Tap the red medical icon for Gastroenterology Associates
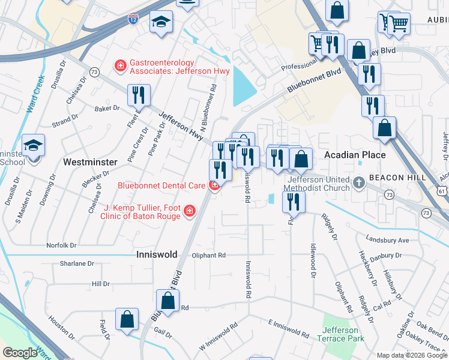point(120,65)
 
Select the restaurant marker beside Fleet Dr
point(139,94)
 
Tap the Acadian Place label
point(355,155)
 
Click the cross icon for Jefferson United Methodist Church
point(359,182)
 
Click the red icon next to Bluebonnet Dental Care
point(214,186)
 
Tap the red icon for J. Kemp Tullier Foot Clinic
point(190,210)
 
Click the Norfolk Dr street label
point(62,245)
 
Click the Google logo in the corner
point(20,352)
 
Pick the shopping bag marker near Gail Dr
point(127,320)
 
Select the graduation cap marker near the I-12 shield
point(160,22)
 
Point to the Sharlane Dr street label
point(77,263)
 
